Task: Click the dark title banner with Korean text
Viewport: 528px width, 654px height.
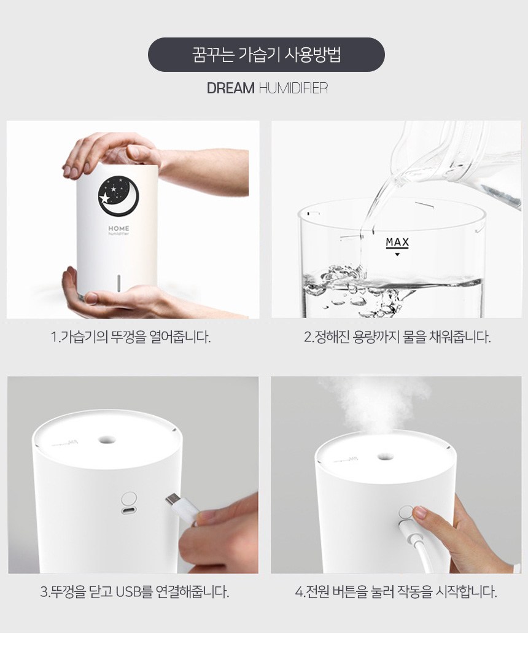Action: [x=266, y=55]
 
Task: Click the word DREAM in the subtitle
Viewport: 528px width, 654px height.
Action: [x=231, y=88]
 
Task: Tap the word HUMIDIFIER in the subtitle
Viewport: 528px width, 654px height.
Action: [x=293, y=88]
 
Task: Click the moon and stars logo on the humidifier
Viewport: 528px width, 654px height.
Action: [x=118, y=196]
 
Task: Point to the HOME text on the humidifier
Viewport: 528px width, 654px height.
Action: [x=119, y=228]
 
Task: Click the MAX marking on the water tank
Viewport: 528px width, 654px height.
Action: [x=397, y=243]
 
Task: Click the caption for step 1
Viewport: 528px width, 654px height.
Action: [x=131, y=337]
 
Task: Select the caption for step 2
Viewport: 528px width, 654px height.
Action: [x=397, y=337]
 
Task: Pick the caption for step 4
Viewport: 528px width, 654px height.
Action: [x=396, y=591]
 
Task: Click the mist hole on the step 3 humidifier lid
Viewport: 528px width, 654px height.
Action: [x=107, y=439]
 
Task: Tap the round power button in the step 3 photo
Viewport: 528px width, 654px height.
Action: [x=129, y=499]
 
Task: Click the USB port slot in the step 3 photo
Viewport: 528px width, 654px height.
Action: [x=129, y=512]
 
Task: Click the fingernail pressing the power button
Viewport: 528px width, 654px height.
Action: [x=419, y=512]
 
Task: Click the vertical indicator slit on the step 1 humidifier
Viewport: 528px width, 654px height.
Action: [x=118, y=283]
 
